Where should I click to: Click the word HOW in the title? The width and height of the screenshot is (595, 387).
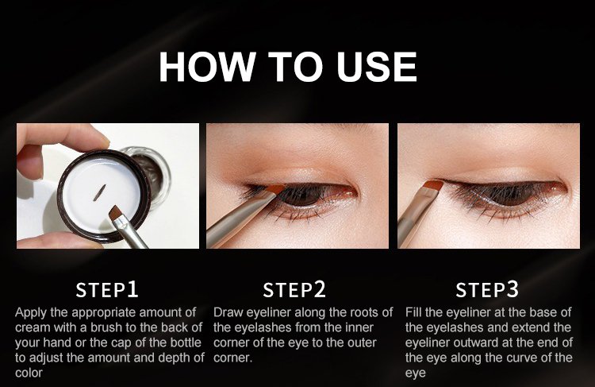point(206,67)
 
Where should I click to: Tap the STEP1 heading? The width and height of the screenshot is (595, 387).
point(107,290)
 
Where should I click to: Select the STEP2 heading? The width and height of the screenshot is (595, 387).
point(294,290)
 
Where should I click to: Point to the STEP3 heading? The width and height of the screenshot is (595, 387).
point(487,290)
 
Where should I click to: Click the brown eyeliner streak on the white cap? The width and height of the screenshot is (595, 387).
point(100,193)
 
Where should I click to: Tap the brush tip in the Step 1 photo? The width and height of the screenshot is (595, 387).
point(114,213)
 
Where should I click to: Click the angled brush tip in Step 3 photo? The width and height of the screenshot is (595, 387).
point(433,185)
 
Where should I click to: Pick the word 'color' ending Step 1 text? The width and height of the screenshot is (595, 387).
point(29,373)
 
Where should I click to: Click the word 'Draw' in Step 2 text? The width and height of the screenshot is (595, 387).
point(228,312)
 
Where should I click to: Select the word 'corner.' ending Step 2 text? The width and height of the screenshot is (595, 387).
point(232,358)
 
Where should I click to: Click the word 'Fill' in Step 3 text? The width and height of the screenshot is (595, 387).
point(413,312)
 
